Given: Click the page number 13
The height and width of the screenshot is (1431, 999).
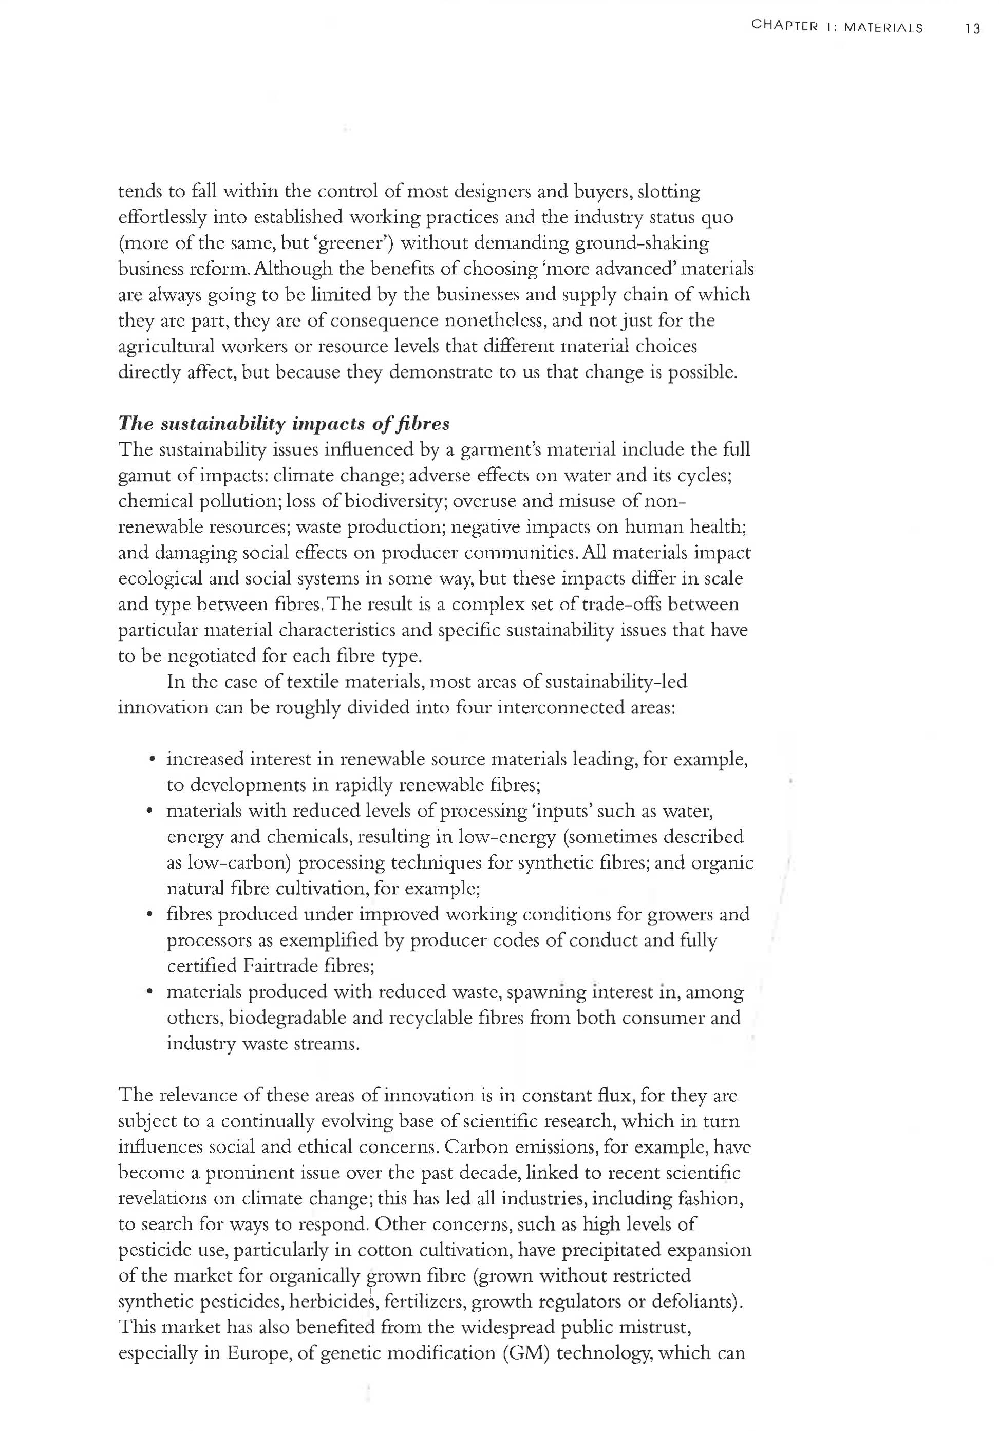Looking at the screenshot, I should [972, 29].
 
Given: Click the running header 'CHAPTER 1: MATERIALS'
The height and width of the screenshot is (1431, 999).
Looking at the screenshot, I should [837, 27].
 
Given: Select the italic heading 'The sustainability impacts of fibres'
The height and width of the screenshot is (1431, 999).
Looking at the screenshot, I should [284, 424].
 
